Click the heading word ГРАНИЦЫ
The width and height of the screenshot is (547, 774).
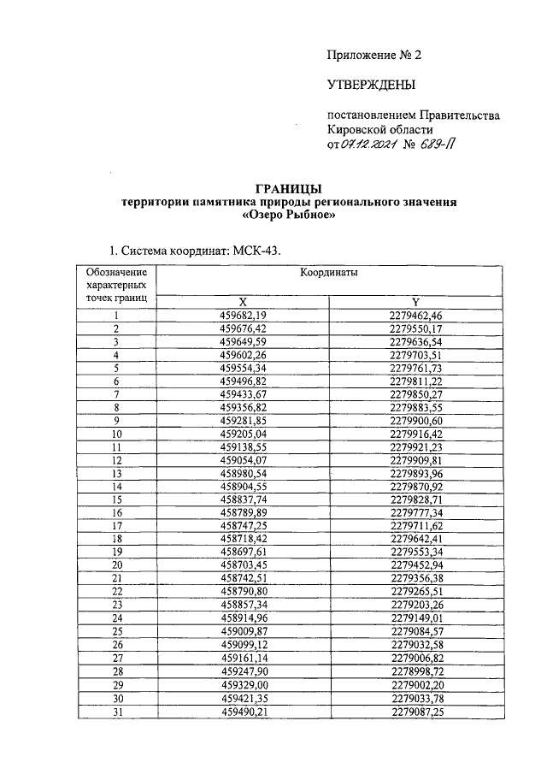click(x=289, y=188)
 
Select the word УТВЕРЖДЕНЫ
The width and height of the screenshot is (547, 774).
click(x=371, y=85)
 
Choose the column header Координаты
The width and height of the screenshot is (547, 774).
click(x=328, y=271)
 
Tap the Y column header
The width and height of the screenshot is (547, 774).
click(x=415, y=302)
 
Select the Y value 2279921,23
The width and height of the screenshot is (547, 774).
click(x=415, y=446)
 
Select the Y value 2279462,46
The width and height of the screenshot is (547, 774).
click(x=415, y=316)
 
